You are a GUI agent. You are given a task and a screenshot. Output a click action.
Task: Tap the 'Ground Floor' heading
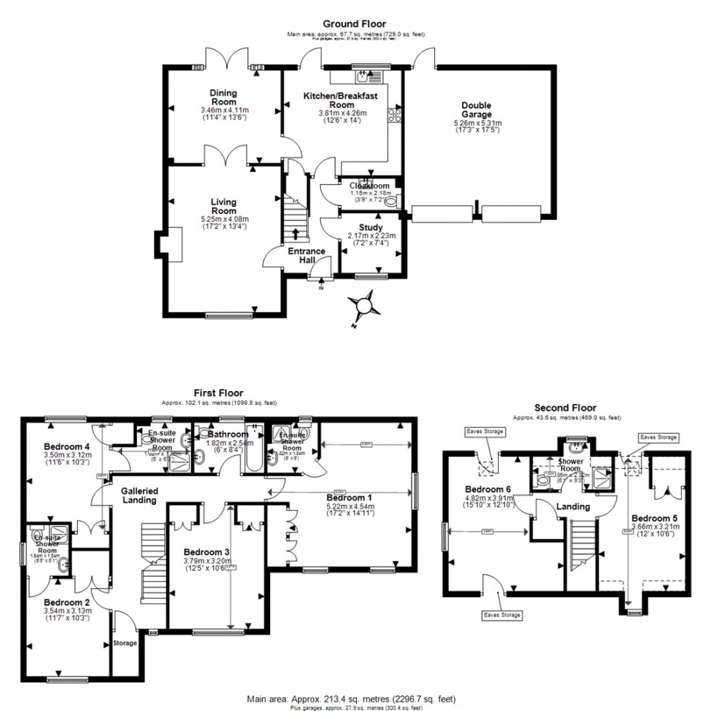point(355,24)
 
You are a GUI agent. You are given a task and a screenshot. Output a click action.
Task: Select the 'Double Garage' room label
point(477,110)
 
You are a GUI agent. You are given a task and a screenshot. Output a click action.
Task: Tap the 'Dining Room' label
point(224,97)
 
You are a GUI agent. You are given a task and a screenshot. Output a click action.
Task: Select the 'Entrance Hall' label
point(307,256)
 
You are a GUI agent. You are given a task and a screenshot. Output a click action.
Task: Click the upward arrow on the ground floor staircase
point(295,233)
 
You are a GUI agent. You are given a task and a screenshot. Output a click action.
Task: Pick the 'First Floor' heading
point(218,393)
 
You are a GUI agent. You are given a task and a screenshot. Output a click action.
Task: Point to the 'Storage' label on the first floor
point(125,643)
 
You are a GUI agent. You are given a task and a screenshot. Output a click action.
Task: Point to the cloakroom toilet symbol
point(392,203)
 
